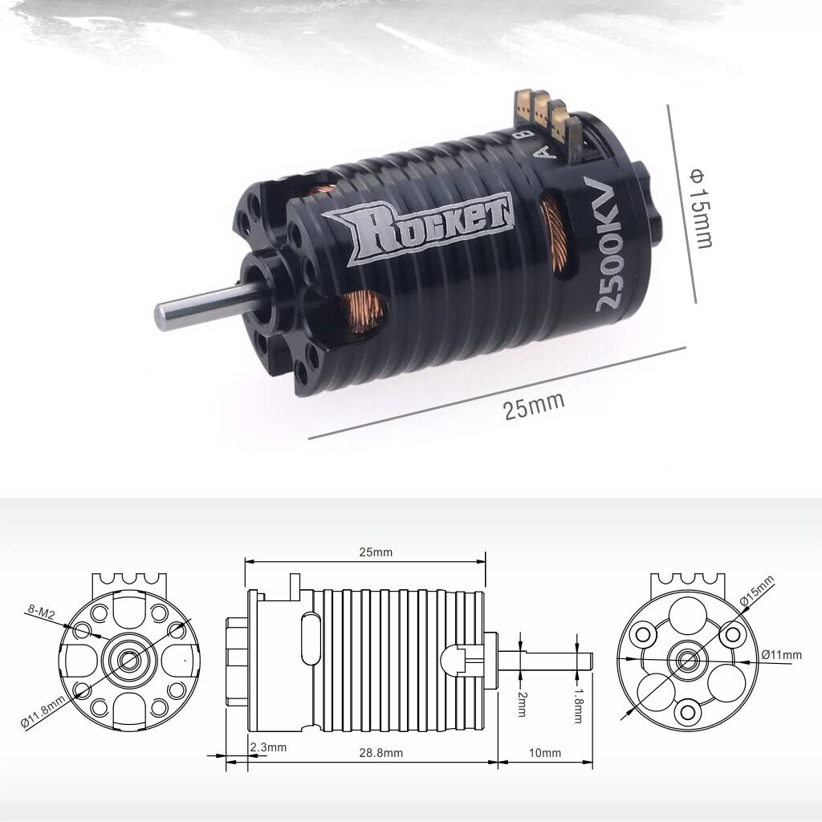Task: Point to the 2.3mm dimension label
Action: [x=267, y=747]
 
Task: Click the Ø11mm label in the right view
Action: [x=782, y=654]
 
